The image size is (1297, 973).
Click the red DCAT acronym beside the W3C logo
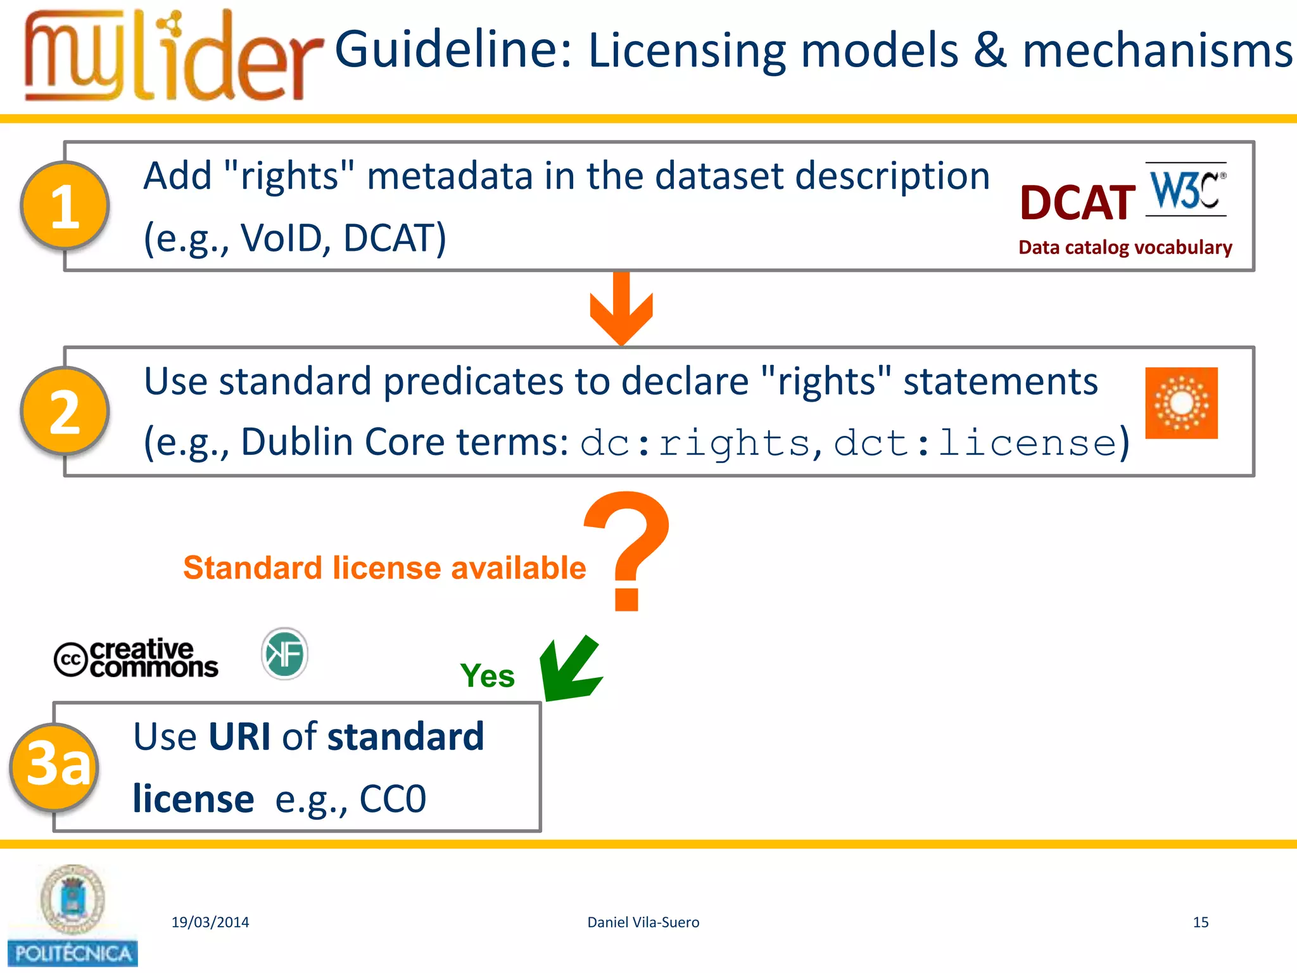(1077, 203)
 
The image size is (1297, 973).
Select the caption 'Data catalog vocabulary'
(1125, 247)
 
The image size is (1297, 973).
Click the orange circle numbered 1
(65, 206)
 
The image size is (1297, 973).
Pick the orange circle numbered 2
(65, 412)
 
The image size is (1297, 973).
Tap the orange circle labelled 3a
(55, 766)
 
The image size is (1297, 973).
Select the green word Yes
(487, 676)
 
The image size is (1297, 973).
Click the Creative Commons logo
(136, 659)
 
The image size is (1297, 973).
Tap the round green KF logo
(284, 654)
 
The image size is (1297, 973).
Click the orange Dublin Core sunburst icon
(1181, 403)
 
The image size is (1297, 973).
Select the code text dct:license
(975, 443)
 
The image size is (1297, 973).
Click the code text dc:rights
(695, 443)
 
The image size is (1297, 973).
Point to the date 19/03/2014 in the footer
(210, 922)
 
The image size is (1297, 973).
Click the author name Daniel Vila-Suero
(643, 922)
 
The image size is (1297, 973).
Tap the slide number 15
(1200, 922)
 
